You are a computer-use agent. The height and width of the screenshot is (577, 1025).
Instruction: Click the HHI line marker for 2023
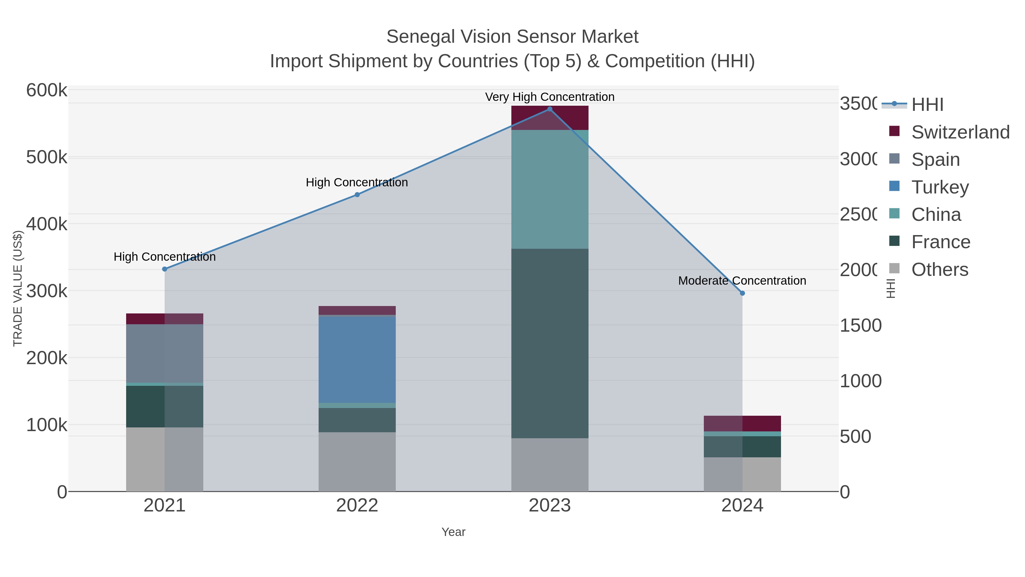[550, 109]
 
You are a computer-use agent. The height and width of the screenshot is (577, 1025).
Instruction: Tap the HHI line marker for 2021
[165, 269]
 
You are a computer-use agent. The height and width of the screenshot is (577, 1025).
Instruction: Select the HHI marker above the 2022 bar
[357, 195]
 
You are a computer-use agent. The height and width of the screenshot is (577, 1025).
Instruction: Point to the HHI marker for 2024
[742, 293]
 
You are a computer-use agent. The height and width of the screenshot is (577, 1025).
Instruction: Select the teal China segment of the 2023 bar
[550, 189]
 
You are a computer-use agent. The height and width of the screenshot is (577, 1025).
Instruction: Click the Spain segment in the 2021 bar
[165, 354]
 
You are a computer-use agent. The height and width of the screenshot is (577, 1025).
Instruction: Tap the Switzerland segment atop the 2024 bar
[742, 423]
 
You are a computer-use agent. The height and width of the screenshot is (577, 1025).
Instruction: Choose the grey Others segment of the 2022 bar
[357, 462]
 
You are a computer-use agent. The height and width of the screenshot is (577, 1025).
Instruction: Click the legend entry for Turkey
[940, 187]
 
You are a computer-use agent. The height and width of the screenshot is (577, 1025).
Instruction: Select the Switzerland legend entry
[960, 132]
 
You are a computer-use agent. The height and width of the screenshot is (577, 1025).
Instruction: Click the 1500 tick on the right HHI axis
[860, 326]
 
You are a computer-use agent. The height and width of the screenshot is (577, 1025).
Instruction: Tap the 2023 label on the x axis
[550, 506]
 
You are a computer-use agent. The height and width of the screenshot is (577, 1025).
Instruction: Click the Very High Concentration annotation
[550, 97]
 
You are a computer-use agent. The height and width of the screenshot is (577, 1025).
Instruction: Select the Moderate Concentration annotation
[742, 281]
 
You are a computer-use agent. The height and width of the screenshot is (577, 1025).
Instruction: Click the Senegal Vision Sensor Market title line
[512, 37]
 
